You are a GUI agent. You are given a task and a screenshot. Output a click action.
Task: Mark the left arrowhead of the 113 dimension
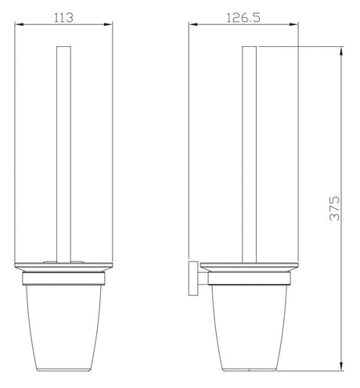(x=17, y=25)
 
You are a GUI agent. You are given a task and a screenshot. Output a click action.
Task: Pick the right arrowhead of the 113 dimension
(x=104, y=25)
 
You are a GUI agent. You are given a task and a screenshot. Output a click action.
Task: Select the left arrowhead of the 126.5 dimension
(x=191, y=25)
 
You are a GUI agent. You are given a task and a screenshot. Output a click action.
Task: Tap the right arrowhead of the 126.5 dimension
(x=299, y=25)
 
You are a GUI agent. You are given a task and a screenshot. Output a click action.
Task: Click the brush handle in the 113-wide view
(x=60, y=156)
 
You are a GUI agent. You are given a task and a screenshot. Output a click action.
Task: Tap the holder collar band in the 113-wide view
(x=61, y=275)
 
